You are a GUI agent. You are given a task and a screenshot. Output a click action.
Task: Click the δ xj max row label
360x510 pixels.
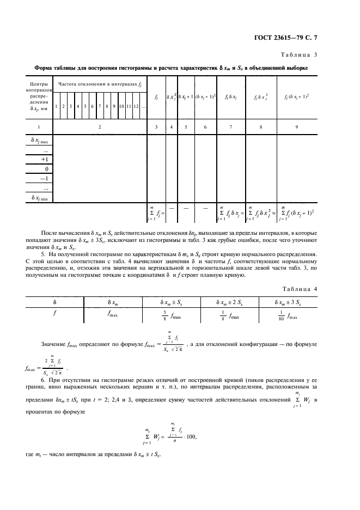click(39, 140)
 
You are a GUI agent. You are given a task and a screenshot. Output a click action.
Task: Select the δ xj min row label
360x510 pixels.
click(39, 198)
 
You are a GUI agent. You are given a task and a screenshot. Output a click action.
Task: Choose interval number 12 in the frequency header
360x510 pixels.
click(136, 106)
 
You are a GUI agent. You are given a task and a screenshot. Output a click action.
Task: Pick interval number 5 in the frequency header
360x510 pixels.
click(86, 106)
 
